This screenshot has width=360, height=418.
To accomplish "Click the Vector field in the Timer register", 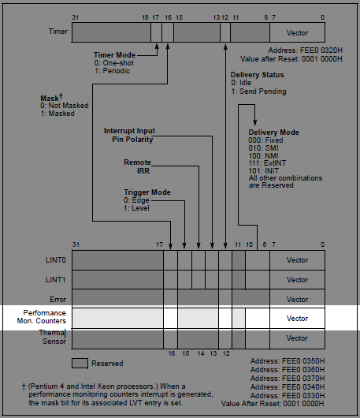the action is coord(297,32).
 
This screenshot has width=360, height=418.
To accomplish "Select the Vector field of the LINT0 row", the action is coord(297,260).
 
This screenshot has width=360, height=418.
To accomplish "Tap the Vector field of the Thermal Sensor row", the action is coord(297,338).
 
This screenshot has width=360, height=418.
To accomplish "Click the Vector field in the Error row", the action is coord(297,299).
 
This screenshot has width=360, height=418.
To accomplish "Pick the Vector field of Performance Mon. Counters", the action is coord(297,319).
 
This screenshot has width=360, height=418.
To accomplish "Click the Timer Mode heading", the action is coord(114,55).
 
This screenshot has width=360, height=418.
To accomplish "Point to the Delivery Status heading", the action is coord(258,75).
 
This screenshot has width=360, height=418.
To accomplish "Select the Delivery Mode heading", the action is coord(273,132).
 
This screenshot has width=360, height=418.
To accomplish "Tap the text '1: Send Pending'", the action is coord(259,91).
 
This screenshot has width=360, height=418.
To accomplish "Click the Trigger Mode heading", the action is coord(147,192).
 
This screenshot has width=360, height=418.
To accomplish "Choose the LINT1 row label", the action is coord(56,280).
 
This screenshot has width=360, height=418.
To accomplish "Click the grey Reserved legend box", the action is coord(80,364).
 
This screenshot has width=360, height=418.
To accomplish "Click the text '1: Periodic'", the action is coord(112,71).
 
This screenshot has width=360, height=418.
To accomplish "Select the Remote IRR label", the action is coord(137,166).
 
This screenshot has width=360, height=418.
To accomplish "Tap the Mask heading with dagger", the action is coord(51,97).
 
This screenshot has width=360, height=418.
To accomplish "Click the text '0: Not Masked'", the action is coord(65,106).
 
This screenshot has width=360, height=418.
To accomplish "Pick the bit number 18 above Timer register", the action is coord(145,17).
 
